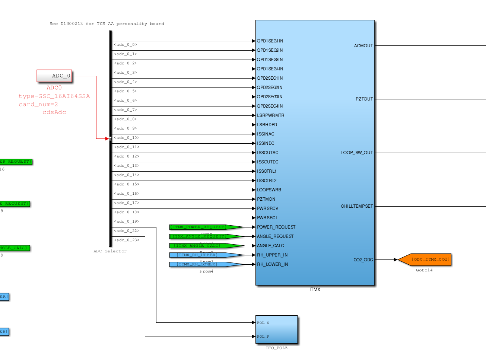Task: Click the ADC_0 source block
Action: (54, 76)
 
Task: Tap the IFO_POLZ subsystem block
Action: (277, 329)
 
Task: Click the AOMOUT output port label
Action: (363, 46)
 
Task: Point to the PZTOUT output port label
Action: (364, 99)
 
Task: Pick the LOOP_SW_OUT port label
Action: (357, 153)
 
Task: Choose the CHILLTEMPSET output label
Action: (356, 206)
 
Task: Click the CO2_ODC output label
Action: (363, 260)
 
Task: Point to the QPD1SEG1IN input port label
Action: (270, 41)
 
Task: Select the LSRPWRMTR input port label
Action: (270, 115)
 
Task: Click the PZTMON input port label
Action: (266, 199)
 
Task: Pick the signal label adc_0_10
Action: (127, 138)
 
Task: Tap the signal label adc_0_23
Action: (127, 240)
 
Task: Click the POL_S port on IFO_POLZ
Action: (263, 323)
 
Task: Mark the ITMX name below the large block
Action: (315, 290)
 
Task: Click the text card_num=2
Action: (38, 105)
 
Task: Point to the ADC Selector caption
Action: (110, 251)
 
